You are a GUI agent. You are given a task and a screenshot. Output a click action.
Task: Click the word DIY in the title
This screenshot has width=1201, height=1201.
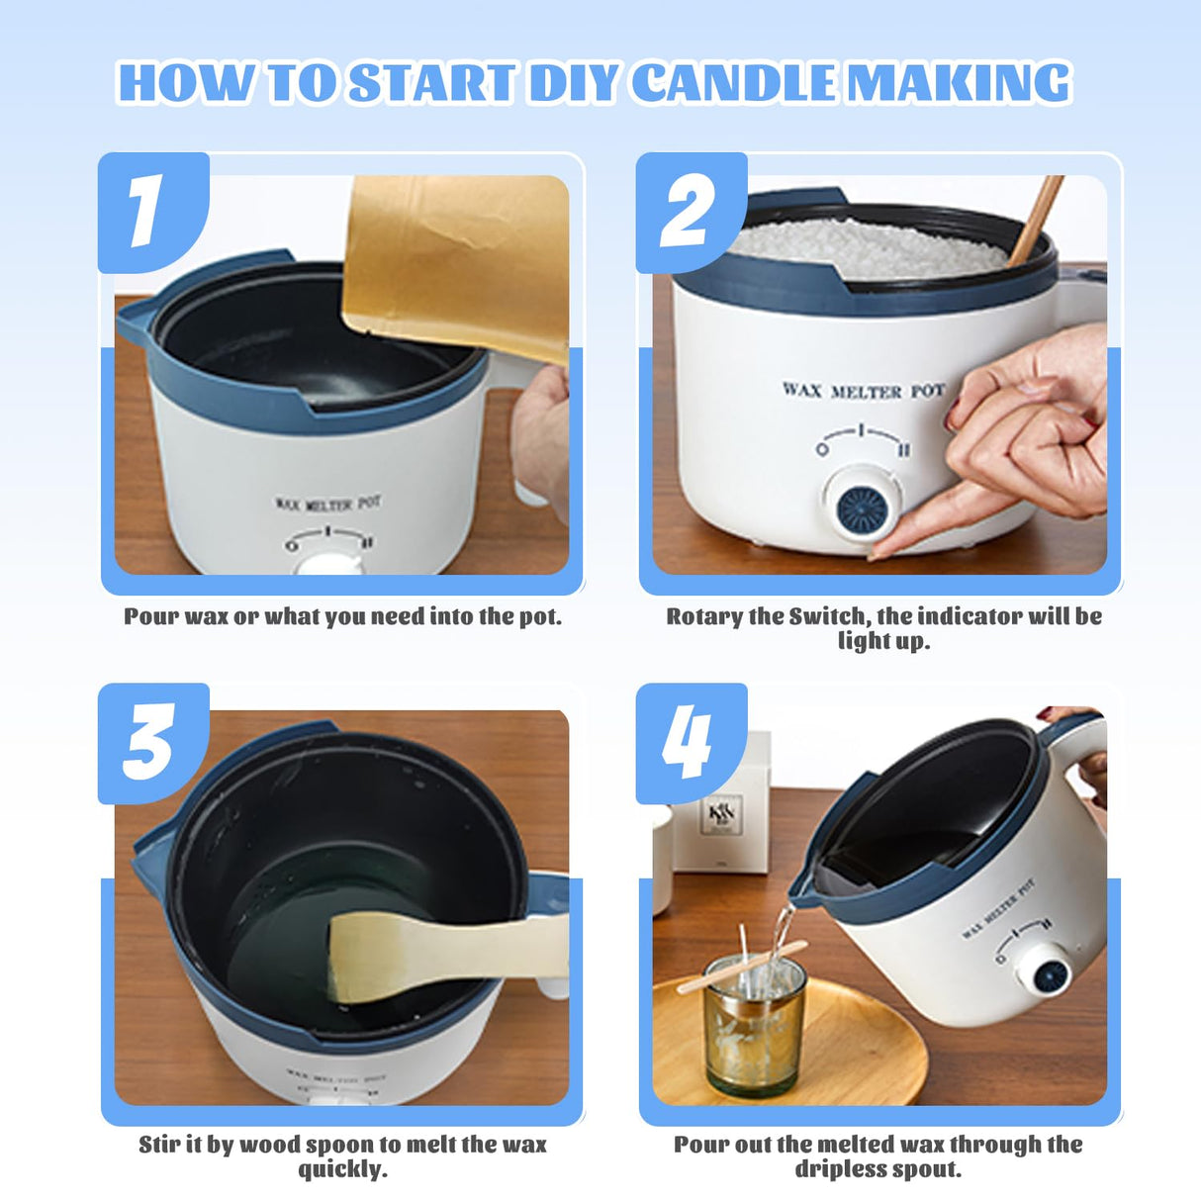[576, 83]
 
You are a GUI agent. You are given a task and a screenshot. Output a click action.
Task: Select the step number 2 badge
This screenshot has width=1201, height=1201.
[689, 212]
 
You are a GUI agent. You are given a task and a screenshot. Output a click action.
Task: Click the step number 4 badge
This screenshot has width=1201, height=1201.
[689, 742]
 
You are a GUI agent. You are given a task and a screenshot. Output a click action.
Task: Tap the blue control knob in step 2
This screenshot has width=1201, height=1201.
[865, 506]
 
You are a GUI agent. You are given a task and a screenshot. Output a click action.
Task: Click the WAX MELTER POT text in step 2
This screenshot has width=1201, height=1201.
[863, 391]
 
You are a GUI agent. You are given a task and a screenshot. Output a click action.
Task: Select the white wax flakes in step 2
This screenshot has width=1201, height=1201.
[871, 247]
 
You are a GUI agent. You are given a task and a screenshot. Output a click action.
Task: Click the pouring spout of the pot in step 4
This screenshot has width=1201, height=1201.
[806, 895]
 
